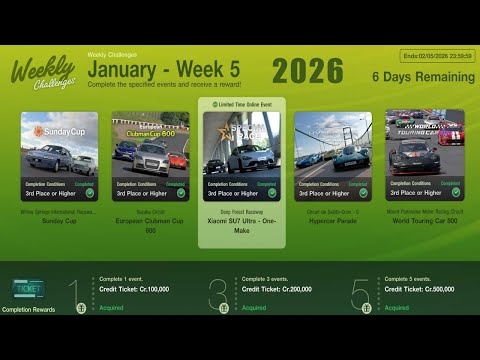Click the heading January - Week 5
[x=163, y=69]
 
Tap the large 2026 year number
[x=307, y=71]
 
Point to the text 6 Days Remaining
[x=423, y=77]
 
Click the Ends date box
[x=438, y=57]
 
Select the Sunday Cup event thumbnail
[x=59, y=142]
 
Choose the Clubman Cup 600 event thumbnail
[x=150, y=142]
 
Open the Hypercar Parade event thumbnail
[x=333, y=142]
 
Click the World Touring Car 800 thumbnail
[x=425, y=142]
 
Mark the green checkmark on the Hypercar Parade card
[x=363, y=193]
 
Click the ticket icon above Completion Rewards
[x=27, y=290]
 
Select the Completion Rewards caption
[x=31, y=310]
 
